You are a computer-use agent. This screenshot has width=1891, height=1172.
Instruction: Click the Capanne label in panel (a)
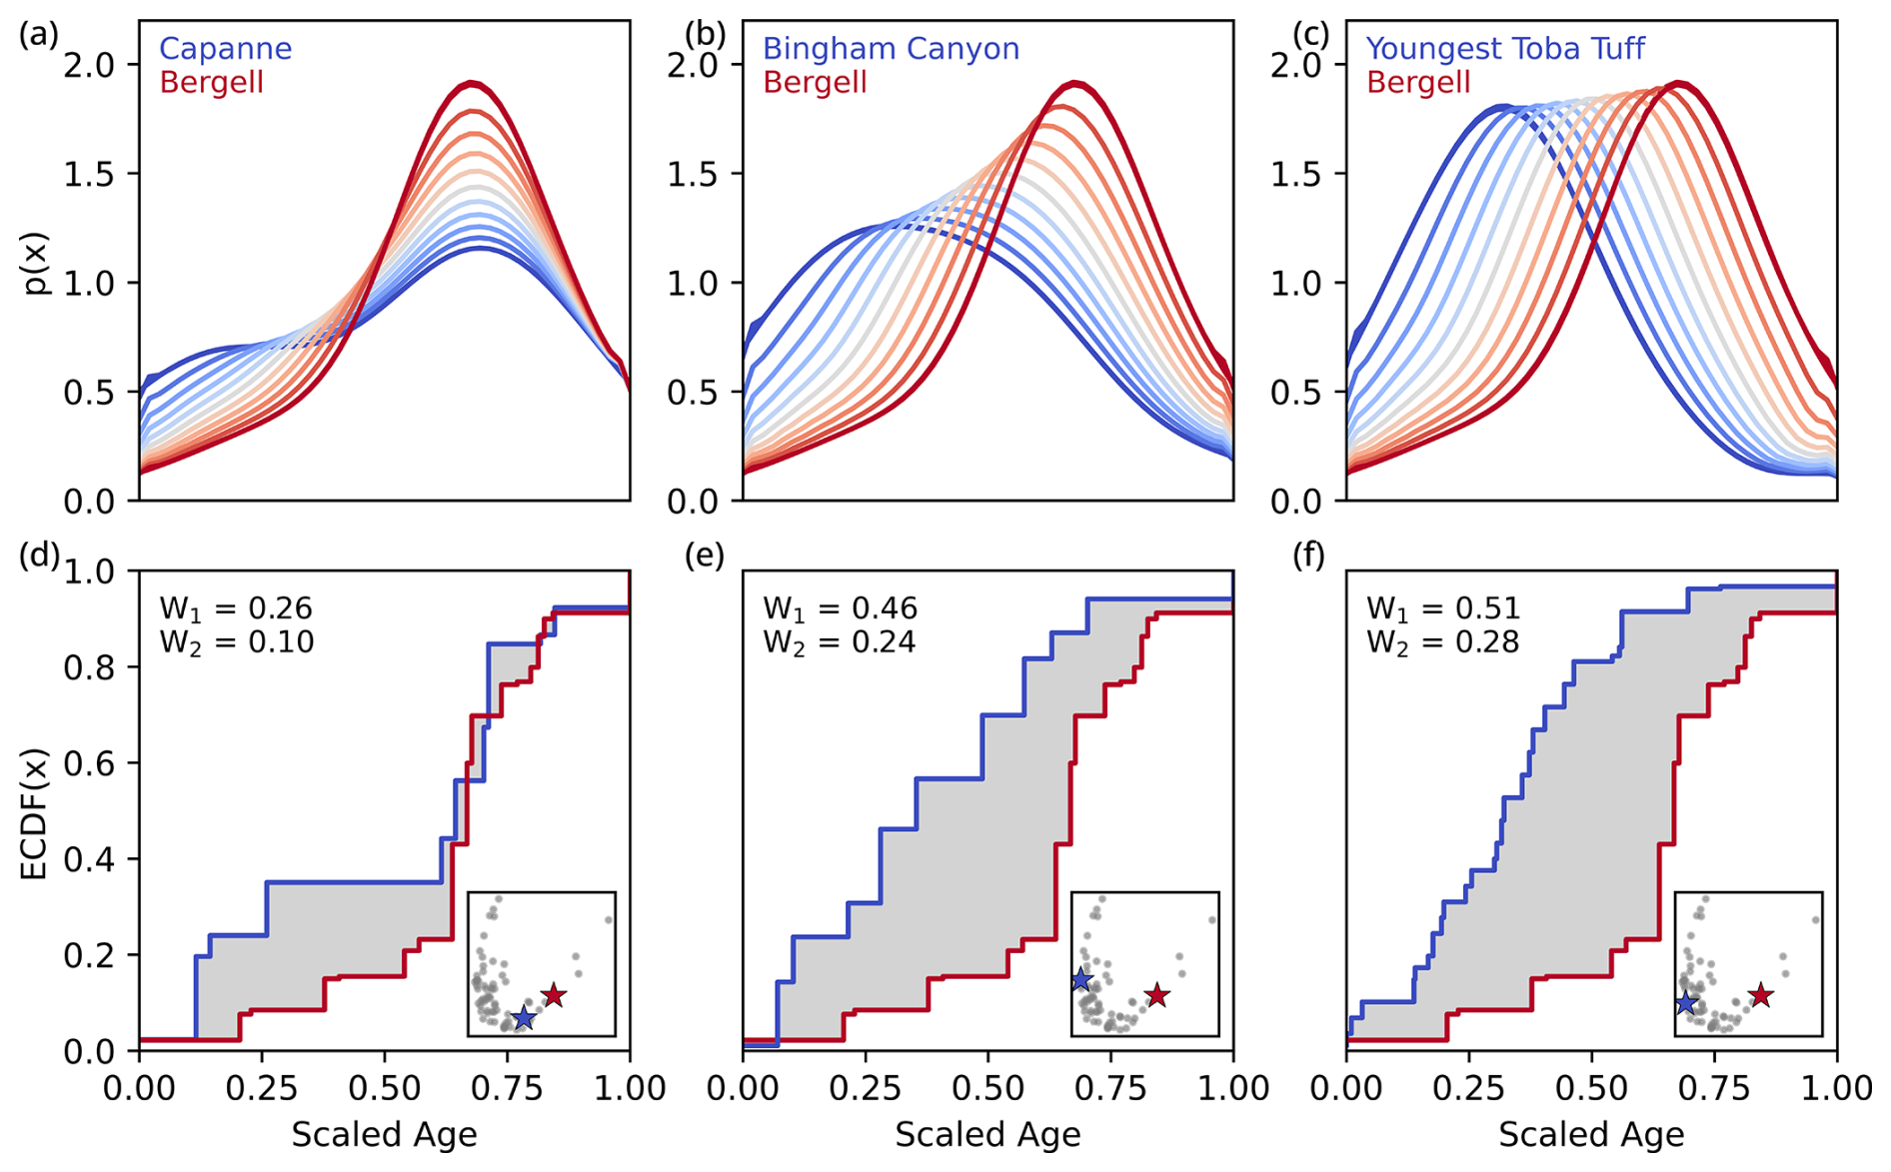[x=225, y=48]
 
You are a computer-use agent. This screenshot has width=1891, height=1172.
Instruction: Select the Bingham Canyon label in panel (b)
[x=891, y=48]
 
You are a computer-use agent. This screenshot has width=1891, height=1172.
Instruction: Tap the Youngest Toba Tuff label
[x=1504, y=48]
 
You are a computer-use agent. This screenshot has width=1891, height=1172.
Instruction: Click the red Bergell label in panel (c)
[x=1418, y=82]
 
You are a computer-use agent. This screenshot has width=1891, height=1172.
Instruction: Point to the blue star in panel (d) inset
[x=524, y=1018]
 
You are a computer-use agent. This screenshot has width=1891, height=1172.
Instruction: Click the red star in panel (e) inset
[x=1157, y=995]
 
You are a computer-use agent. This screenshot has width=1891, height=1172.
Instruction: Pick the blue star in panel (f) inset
[x=1687, y=1002]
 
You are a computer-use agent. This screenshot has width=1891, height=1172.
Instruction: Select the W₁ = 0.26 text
[x=236, y=608]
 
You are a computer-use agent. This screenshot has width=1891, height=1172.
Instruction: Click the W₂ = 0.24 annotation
[x=840, y=641]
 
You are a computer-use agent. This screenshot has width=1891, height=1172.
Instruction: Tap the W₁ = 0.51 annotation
[x=1443, y=608]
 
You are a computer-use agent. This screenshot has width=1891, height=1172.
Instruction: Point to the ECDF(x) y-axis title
[x=34, y=813]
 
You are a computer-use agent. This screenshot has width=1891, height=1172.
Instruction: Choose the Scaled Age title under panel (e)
[x=987, y=1135]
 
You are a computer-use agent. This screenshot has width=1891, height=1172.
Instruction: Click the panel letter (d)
[x=39, y=556]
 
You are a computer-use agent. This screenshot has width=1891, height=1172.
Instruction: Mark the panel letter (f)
[x=1310, y=556]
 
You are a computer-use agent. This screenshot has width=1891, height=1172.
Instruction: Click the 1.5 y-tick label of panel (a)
[x=89, y=174]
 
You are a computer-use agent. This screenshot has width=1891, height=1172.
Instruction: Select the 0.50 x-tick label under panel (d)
[x=385, y=1087]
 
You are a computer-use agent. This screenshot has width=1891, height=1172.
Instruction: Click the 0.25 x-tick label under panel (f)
[x=1469, y=1087]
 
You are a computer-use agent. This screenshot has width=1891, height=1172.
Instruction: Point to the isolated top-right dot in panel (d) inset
[x=608, y=919]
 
